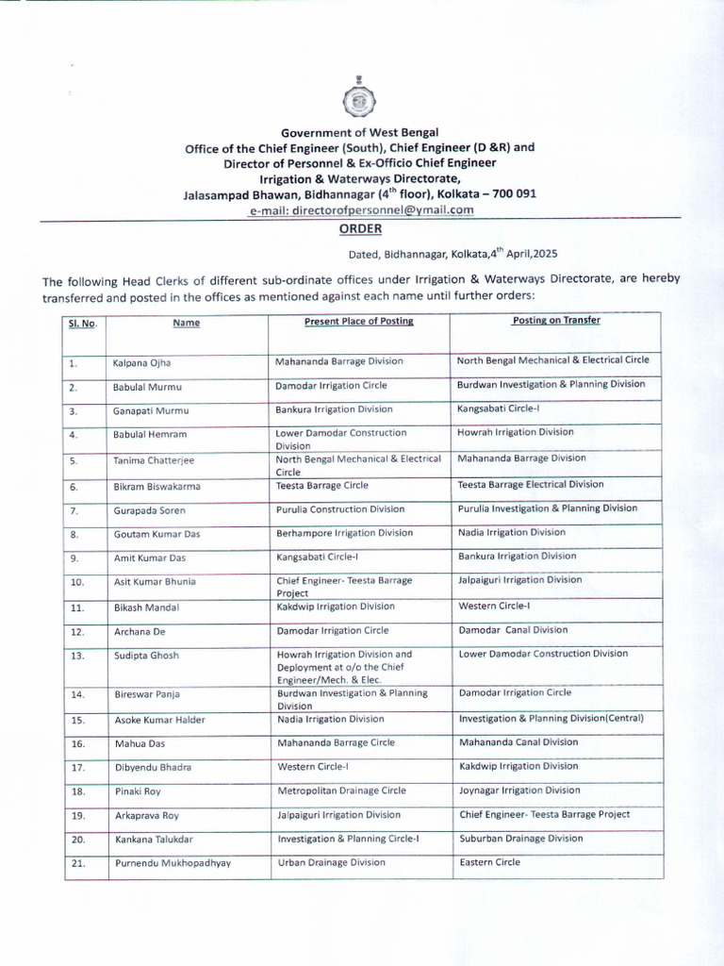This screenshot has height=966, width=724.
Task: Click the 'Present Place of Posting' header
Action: click(359, 321)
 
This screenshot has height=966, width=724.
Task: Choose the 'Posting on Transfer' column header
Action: click(556, 320)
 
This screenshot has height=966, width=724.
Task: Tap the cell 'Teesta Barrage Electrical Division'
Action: click(531, 484)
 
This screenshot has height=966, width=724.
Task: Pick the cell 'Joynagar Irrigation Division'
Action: click(519, 791)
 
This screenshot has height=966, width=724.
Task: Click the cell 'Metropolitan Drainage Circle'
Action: click(342, 791)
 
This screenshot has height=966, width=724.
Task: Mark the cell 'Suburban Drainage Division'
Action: click(521, 838)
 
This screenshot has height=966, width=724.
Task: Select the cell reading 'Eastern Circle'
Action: click(489, 862)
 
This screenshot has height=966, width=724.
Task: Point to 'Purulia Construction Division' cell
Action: click(340, 508)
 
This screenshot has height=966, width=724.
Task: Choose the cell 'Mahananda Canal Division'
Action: click(518, 742)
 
